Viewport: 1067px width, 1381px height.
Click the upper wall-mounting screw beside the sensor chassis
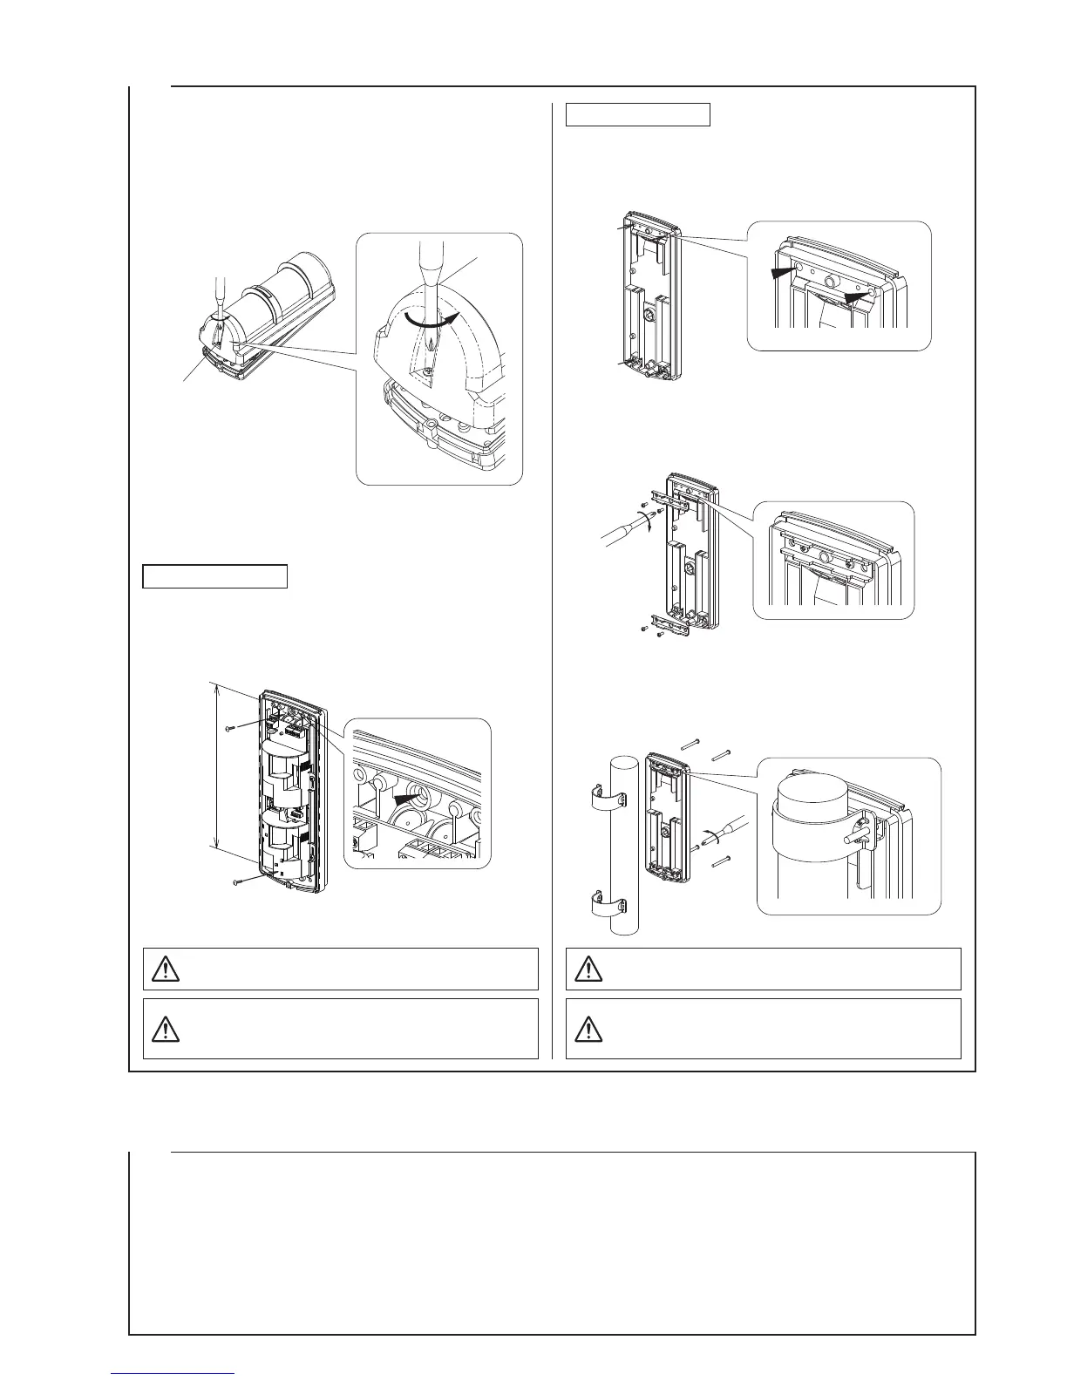(229, 727)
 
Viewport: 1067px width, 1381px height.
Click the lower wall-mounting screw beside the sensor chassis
(238, 883)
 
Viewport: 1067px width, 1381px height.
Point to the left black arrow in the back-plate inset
(785, 272)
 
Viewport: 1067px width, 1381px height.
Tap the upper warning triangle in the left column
(165, 968)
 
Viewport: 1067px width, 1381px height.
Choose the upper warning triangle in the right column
(588, 968)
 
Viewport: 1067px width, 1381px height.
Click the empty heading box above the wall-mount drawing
(214, 576)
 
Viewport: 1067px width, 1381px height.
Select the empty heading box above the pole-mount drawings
(637, 114)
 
